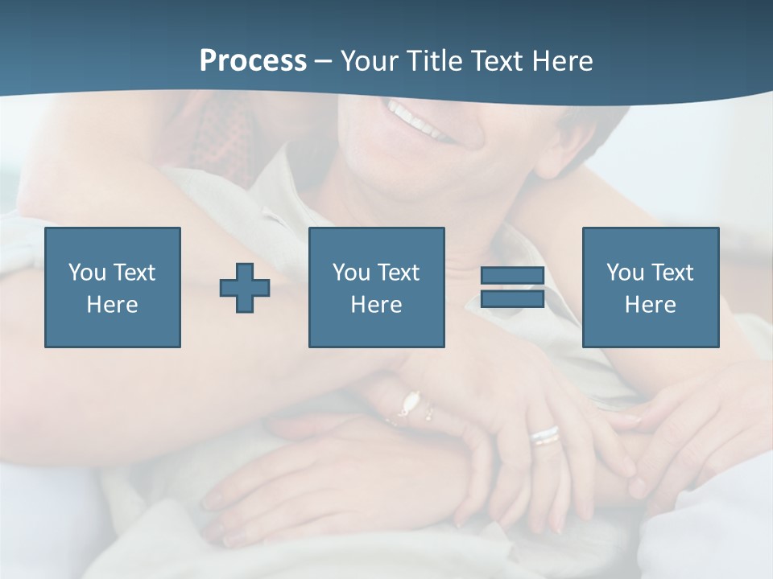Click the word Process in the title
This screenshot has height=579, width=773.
pyautogui.click(x=253, y=61)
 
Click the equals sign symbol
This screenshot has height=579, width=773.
pyautogui.click(x=512, y=287)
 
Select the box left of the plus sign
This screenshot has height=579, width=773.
pyautogui.click(x=113, y=287)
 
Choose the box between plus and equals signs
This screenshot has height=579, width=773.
pyautogui.click(x=376, y=287)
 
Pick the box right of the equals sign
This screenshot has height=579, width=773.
pyautogui.click(x=650, y=287)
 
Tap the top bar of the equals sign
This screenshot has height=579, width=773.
pyautogui.click(x=512, y=276)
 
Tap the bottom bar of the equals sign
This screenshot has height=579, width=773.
pyautogui.click(x=512, y=299)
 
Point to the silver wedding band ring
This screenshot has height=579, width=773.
pyautogui.click(x=545, y=435)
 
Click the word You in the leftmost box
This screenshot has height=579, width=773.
pyautogui.click(x=86, y=273)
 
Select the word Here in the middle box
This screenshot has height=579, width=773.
pyautogui.click(x=376, y=305)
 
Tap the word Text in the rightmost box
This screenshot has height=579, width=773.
pyautogui.click(x=673, y=273)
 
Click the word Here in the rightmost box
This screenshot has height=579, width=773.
pyautogui.click(x=650, y=305)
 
